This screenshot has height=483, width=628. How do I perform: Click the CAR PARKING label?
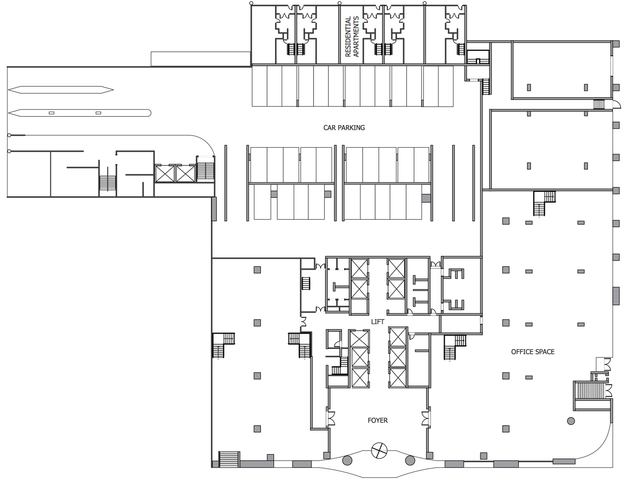pos(344,127)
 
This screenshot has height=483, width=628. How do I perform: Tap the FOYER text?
pos(378,420)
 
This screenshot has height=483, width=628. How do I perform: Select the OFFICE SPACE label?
pos(533,352)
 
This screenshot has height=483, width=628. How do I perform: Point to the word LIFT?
pos(378,321)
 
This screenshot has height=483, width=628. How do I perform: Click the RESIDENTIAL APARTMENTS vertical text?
pos(352,36)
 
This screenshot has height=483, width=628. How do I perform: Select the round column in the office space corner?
pos(571,421)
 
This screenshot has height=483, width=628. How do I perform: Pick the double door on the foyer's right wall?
pos(426,418)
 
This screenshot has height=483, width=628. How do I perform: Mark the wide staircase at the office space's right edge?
pos(589,390)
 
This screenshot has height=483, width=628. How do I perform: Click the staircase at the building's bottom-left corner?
pos(229,460)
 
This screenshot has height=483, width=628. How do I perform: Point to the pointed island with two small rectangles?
pos(79,113)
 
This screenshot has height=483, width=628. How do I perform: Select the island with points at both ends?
pos(61,90)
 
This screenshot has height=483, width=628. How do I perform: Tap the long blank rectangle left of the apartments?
pos(200,59)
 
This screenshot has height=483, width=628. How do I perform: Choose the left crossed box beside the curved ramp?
pos(165,173)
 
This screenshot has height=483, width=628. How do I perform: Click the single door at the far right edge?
pos(617,104)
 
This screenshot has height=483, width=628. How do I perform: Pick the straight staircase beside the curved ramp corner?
pos(205,171)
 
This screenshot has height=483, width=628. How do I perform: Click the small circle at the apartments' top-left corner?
pos(251,3)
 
